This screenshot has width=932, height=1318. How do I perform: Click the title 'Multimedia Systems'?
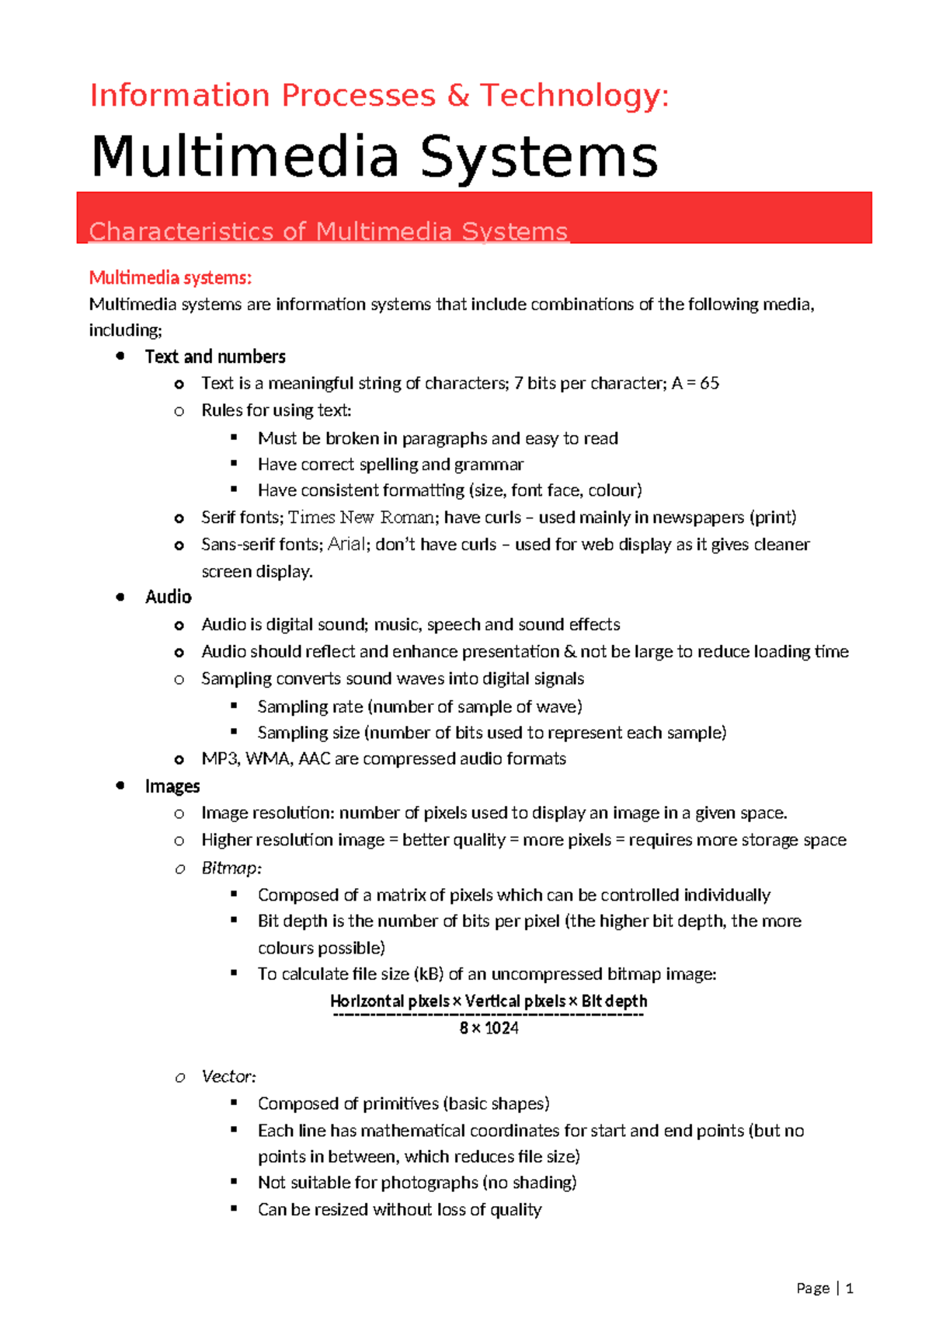pyautogui.click(x=374, y=156)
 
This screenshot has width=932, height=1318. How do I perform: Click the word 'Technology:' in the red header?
pyautogui.click(x=574, y=96)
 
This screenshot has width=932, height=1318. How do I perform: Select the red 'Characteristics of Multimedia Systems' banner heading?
pyautogui.click(x=329, y=231)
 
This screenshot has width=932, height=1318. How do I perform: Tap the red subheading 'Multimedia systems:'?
pyautogui.click(x=170, y=277)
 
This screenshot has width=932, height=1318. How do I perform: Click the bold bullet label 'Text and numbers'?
pyautogui.click(x=215, y=357)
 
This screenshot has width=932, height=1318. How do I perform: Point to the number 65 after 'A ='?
pyautogui.click(x=709, y=383)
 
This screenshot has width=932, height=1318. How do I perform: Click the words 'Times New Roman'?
pyautogui.click(x=361, y=518)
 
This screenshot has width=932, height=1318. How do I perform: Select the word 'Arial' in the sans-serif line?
pyautogui.click(x=346, y=544)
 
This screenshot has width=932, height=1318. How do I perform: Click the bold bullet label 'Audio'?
pyautogui.click(x=169, y=597)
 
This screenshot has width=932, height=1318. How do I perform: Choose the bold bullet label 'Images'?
pyautogui.click(x=172, y=786)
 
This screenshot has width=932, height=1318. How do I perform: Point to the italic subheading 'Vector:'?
pyautogui.click(x=228, y=1076)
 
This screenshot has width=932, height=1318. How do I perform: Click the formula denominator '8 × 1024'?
pyautogui.click(x=489, y=1028)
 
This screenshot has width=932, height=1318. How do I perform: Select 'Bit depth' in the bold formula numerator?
pyautogui.click(x=614, y=1001)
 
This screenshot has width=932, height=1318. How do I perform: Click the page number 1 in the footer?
pyautogui.click(x=850, y=1288)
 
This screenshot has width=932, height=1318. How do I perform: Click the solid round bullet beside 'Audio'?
pyautogui.click(x=120, y=597)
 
